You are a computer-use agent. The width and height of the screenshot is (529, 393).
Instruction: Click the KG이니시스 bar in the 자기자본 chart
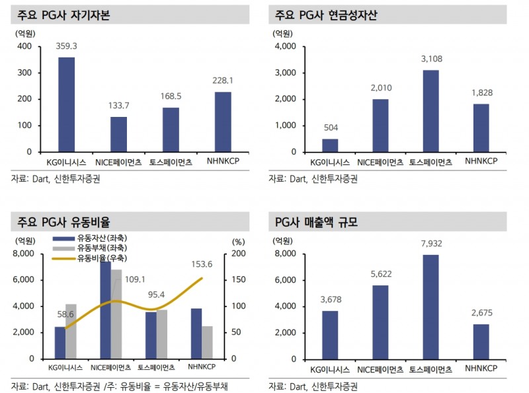(x=66, y=104)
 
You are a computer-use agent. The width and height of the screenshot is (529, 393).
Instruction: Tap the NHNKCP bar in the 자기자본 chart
(x=223, y=122)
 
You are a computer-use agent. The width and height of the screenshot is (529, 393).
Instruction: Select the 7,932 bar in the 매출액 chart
(x=430, y=306)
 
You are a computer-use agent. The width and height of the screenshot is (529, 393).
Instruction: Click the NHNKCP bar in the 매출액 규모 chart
(x=481, y=341)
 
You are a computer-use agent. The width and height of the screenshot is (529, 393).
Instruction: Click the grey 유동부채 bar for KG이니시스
(x=71, y=331)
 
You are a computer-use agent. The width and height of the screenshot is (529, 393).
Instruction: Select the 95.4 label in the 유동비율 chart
(x=156, y=295)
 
